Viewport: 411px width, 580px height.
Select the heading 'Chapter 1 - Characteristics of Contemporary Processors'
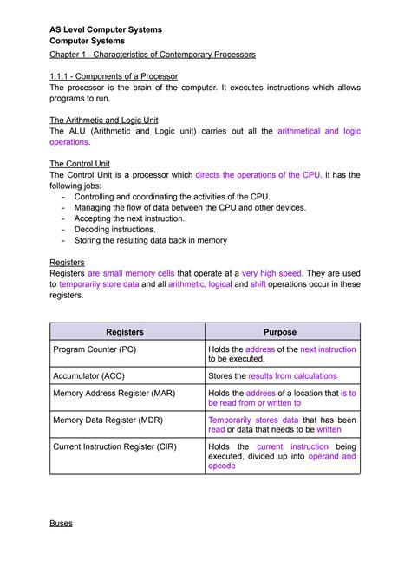pyautogui.click(x=152, y=55)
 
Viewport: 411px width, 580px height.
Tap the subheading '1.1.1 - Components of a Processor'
pyautogui.click(x=114, y=76)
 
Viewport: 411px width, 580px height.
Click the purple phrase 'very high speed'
pyautogui.click(x=271, y=273)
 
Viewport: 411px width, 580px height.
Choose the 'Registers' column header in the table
pyautogui.click(x=124, y=332)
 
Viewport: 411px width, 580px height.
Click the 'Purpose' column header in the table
pyautogui.click(x=279, y=332)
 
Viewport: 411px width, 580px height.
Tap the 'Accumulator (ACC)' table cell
pyautogui.click(x=90, y=376)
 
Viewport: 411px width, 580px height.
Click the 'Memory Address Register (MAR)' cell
pyautogui.click(x=114, y=393)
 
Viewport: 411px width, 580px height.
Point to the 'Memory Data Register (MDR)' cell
pyautogui.click(x=108, y=420)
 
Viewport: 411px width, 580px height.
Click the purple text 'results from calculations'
pyautogui.click(x=292, y=376)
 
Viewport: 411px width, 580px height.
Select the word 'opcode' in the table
pyautogui.click(x=222, y=466)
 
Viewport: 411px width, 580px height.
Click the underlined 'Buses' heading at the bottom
pyautogui.click(x=61, y=524)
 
